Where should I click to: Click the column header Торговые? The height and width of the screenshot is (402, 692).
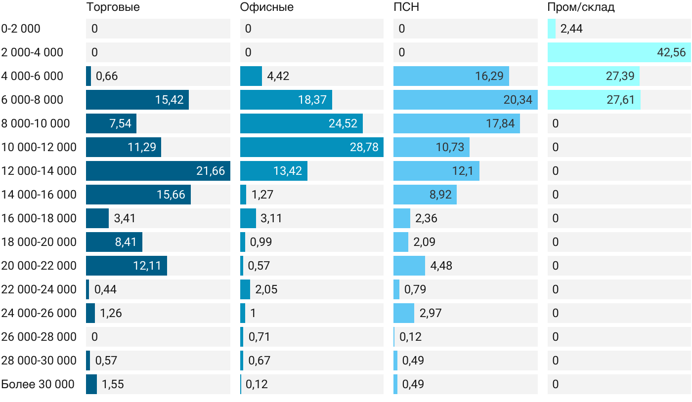tap(113, 7)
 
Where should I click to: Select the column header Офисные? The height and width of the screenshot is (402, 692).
tap(266, 7)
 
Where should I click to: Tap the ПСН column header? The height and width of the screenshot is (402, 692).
tap(406, 7)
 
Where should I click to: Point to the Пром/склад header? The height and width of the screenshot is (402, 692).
tap(581, 7)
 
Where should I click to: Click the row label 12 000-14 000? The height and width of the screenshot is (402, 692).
tap(39, 171)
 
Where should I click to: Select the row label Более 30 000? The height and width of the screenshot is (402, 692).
tap(38, 384)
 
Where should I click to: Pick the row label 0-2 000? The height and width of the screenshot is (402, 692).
tap(21, 29)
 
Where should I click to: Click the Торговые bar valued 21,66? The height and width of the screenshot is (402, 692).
tap(158, 171)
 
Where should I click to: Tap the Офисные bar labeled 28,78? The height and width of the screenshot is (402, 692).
tap(312, 147)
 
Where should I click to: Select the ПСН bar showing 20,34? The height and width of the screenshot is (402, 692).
tap(466, 100)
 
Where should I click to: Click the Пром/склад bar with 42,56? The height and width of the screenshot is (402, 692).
tap(619, 52)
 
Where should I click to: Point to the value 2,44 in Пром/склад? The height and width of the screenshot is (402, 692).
tap(571, 29)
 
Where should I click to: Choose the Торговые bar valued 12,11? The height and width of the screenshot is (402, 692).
tap(127, 266)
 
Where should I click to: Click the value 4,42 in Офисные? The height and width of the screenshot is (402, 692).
tap(278, 76)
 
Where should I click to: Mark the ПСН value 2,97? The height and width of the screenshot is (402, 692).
tap(431, 313)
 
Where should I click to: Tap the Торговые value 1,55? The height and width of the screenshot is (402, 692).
tap(113, 384)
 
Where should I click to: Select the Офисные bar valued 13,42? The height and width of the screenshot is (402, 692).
tap(274, 171)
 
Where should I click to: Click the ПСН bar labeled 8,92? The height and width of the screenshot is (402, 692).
tap(425, 195)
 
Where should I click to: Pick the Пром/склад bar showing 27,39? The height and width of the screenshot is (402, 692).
tap(594, 76)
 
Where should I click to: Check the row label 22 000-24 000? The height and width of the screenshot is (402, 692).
tap(39, 289)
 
